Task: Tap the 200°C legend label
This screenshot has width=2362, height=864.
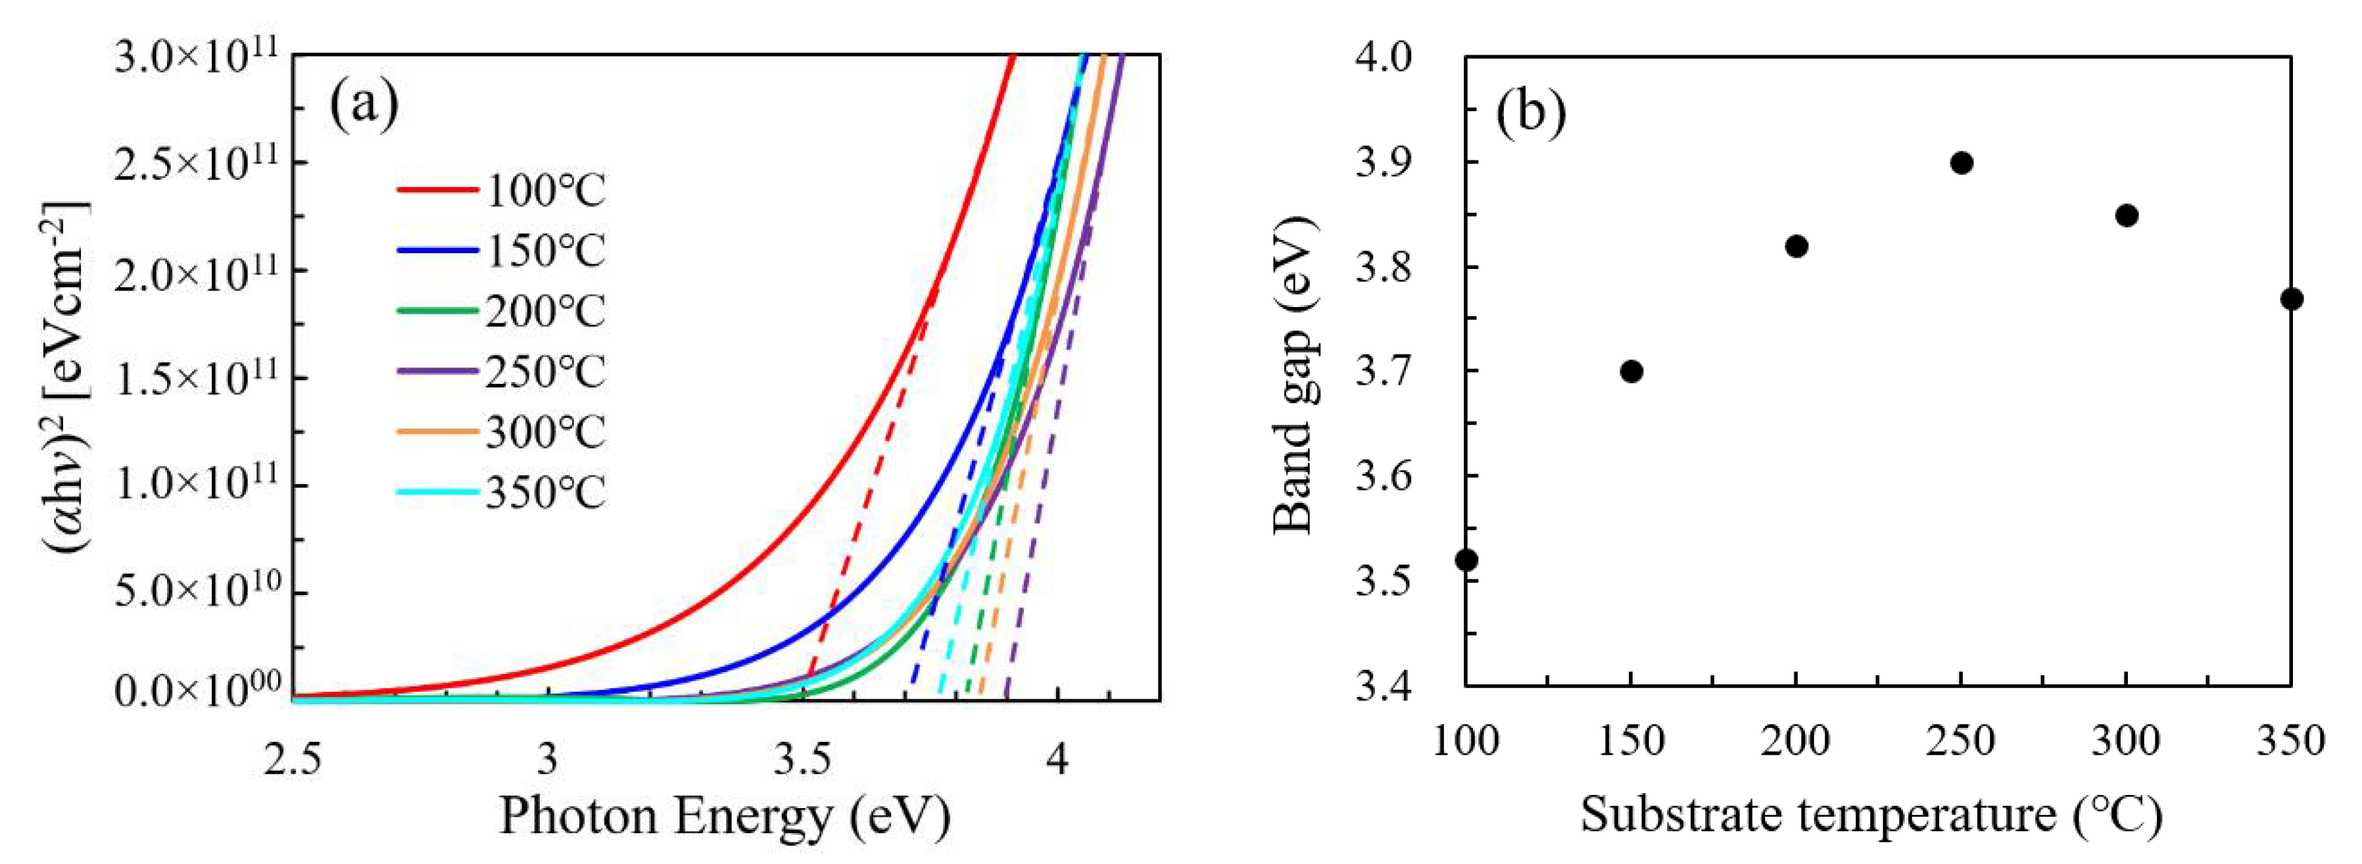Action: coord(544,312)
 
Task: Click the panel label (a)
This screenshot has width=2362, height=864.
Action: coord(364,105)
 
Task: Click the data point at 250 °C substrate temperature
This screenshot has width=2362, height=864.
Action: coord(1962,163)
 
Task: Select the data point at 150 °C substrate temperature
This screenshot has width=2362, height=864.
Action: coord(1631,372)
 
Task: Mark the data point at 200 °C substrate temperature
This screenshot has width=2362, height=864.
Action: coord(1796,246)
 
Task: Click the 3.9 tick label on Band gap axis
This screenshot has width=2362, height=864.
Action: coord(1386,163)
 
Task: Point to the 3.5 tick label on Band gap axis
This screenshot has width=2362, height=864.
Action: coord(1386,581)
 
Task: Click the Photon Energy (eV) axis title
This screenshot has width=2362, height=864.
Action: coord(725,815)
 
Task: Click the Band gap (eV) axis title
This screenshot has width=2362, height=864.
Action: coord(1295,376)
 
